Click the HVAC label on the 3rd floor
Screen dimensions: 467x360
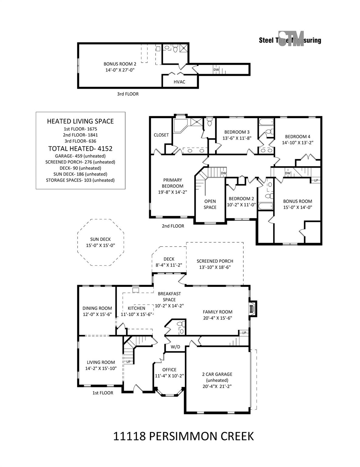click(x=179, y=82)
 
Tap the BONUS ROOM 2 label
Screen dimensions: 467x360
click(x=120, y=64)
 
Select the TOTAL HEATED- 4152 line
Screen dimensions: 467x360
click(x=80, y=149)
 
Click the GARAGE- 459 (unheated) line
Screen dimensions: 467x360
click(x=80, y=156)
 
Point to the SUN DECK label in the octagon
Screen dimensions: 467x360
click(x=100, y=239)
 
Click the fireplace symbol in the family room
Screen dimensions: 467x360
click(x=251, y=309)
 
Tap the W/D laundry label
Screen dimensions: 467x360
click(x=175, y=347)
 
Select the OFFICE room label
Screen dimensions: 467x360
click(x=169, y=370)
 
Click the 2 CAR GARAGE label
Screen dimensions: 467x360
click(x=217, y=374)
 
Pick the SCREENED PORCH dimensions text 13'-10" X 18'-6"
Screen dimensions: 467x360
click(x=215, y=267)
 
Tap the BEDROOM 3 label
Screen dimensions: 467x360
click(x=237, y=132)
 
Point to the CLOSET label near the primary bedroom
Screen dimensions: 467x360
click(x=161, y=135)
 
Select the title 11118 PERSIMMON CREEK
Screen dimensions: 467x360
click(x=183, y=436)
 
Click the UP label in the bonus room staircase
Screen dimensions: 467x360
click(x=316, y=180)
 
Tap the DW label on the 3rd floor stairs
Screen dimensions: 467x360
click(x=216, y=70)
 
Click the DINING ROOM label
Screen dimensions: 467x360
click(x=97, y=308)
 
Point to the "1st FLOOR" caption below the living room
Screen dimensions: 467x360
click(x=103, y=393)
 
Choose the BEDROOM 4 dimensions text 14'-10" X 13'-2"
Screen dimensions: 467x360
click(x=297, y=142)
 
